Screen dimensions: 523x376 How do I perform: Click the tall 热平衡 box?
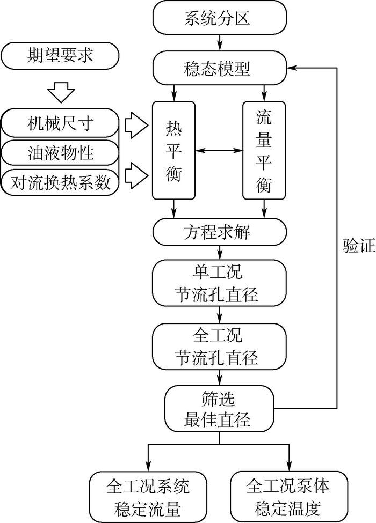click(173, 150)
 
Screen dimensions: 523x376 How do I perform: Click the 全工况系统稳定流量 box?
click(147, 496)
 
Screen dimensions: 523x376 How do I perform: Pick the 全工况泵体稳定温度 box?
click(288, 496)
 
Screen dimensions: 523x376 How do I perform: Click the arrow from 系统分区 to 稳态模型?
click(219, 42)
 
